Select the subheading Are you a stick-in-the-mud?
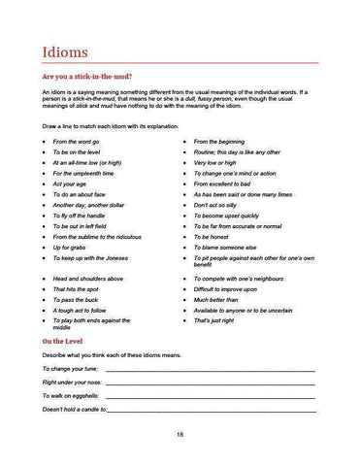point(87,76)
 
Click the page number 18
point(180,433)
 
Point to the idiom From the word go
point(76,142)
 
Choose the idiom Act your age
point(70,183)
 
